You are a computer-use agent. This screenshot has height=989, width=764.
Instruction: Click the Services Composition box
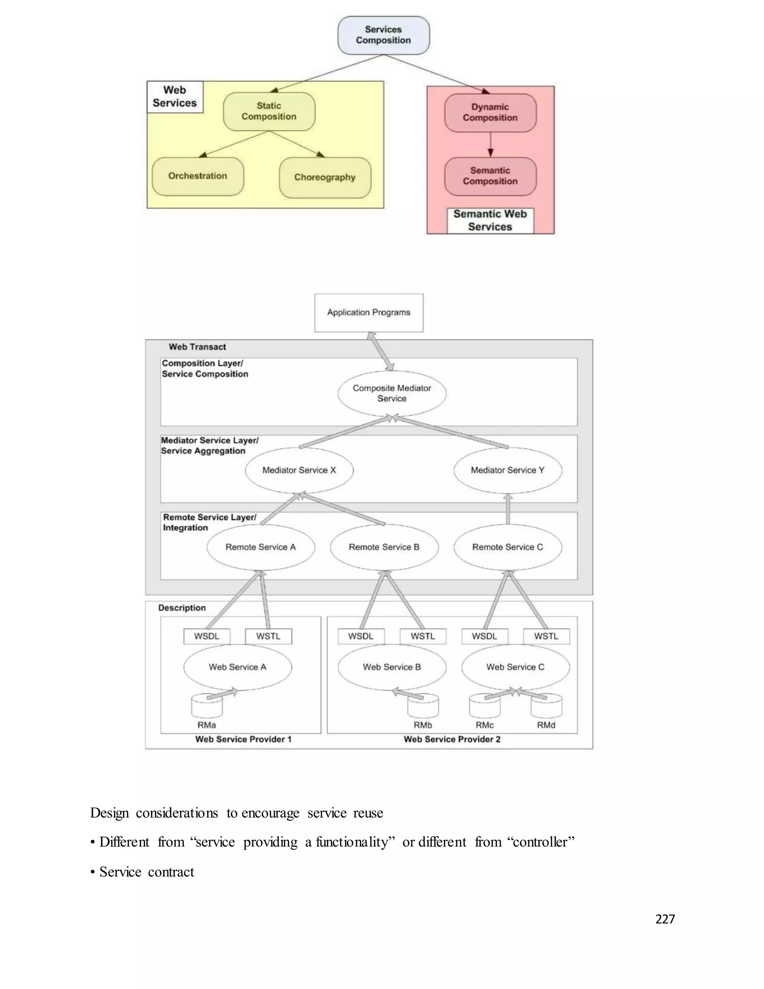point(383,35)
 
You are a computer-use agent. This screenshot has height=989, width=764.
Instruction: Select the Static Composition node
point(269,111)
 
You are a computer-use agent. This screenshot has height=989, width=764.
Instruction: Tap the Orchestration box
point(198,176)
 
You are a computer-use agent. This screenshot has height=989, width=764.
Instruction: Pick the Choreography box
point(325,178)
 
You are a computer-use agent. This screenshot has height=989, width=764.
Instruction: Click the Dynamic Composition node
point(490,113)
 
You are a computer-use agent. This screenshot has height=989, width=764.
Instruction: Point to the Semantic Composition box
point(490,176)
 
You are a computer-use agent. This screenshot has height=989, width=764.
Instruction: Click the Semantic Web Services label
point(490,221)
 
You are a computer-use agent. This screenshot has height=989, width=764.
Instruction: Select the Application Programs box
point(369,312)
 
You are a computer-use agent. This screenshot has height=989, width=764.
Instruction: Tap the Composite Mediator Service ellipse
point(392,393)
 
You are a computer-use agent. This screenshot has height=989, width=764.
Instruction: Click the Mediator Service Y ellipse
point(507,470)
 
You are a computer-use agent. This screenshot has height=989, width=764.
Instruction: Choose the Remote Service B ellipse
point(384,547)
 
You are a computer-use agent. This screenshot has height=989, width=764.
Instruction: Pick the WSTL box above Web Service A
point(268,636)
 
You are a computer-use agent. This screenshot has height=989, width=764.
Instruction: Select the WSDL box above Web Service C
point(484,636)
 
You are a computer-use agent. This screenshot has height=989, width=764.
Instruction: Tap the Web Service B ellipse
point(392,667)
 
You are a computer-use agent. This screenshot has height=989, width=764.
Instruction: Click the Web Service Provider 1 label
point(243,739)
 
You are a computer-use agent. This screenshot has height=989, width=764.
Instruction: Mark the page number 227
point(665,919)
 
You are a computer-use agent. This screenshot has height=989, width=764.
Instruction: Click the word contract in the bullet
point(171,872)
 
